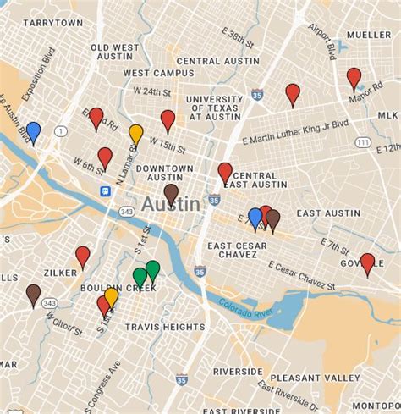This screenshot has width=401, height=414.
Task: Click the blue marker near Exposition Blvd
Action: [33, 132]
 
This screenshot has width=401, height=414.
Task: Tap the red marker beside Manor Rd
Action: [354, 80]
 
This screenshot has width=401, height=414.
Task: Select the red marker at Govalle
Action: [367, 263]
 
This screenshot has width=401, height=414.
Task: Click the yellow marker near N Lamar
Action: [135, 134]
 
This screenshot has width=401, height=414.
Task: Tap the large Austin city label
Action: [171, 205]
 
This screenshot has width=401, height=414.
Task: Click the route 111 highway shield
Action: [361, 142]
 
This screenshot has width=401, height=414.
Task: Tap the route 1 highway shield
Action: [60, 131]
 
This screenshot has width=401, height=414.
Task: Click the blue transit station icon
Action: [104, 191]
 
